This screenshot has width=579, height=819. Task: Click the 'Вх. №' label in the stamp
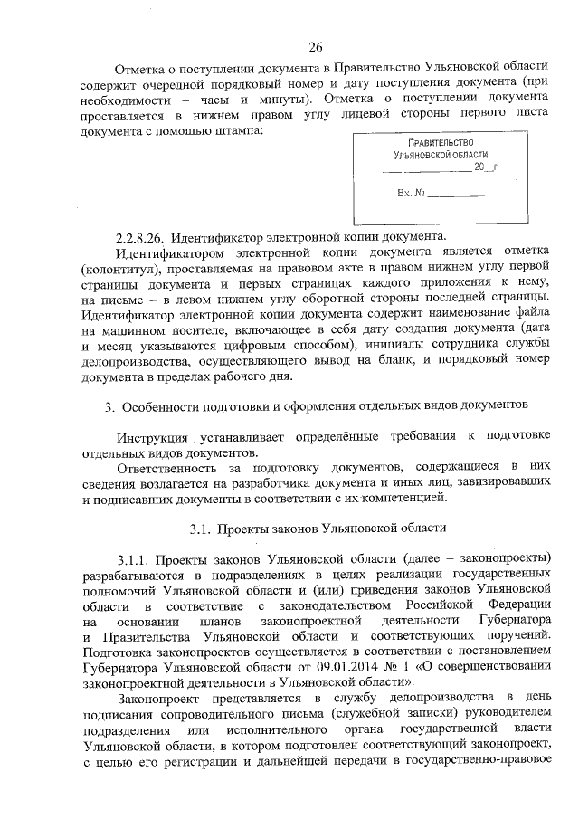[x=411, y=193]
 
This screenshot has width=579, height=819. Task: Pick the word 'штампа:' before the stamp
[x=239, y=131]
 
